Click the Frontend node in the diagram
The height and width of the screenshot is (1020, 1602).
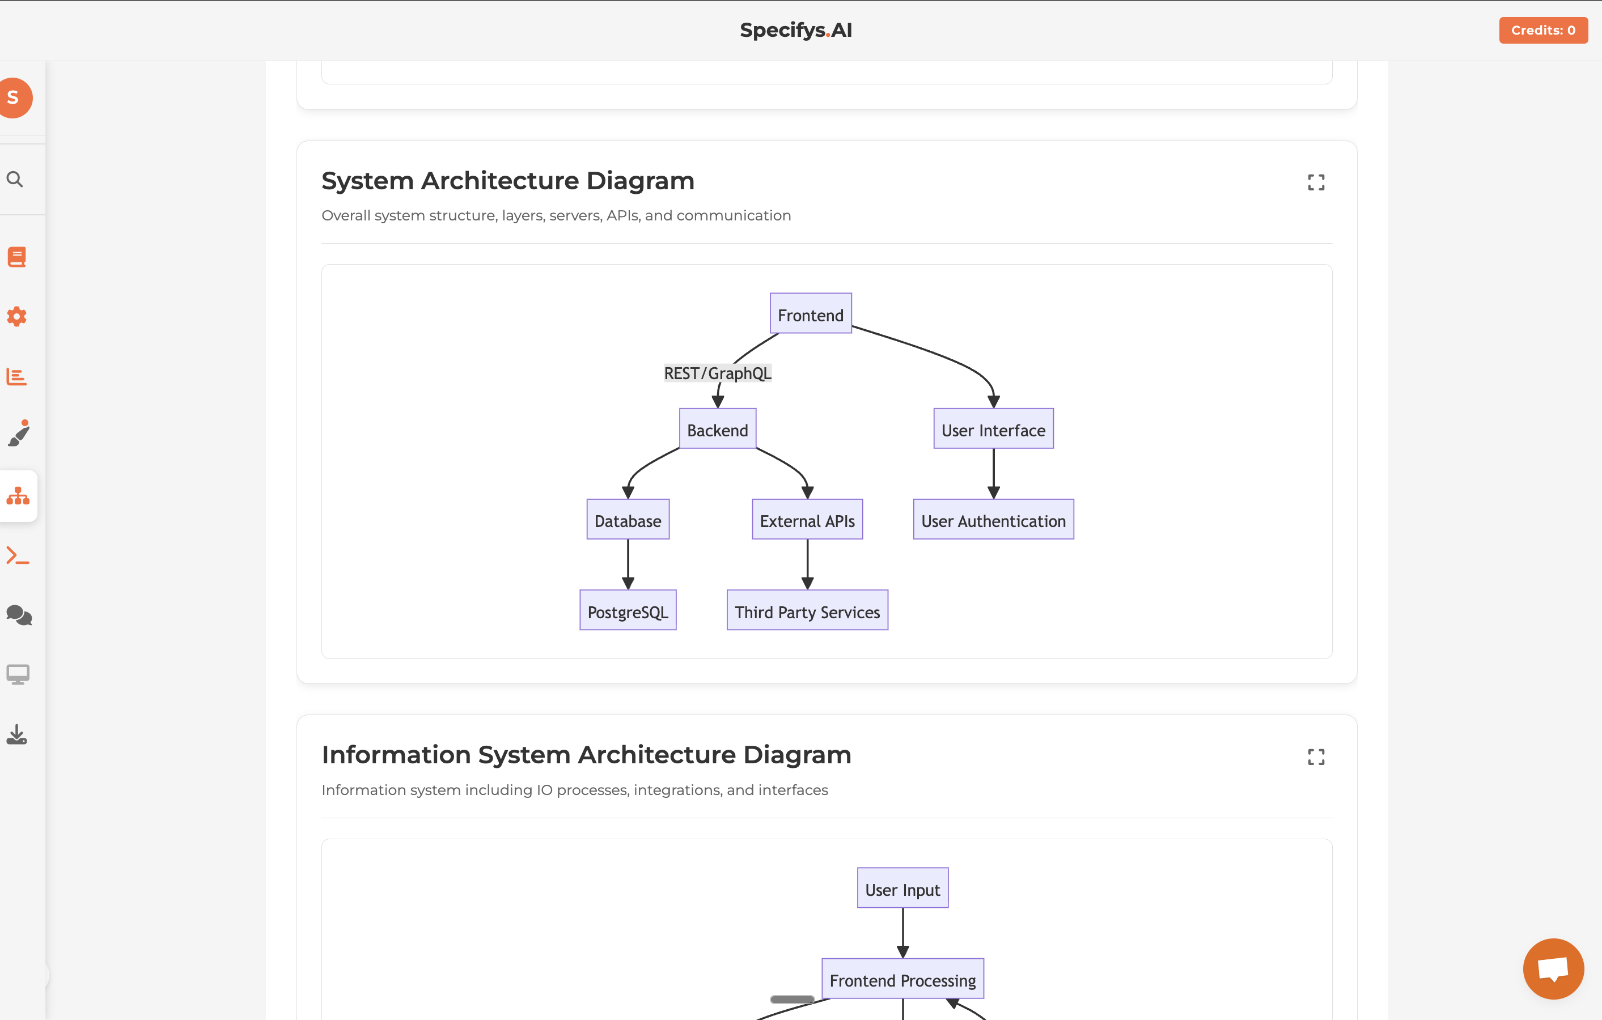810,314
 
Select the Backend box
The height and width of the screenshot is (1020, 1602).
717,429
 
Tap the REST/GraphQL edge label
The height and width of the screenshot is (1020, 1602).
717,373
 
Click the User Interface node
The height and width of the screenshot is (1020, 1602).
993,429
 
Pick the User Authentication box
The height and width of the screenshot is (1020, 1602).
993,520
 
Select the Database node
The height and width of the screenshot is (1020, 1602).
628,520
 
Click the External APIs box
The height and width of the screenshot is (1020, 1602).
807,520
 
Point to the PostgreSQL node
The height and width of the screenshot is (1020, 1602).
628,610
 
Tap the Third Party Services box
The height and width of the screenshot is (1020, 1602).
807,610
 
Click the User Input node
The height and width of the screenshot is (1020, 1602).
902,889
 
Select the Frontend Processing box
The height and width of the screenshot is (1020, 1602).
902,979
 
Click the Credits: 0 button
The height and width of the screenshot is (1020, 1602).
1543,30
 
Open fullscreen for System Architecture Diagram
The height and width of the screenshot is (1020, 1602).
1315,182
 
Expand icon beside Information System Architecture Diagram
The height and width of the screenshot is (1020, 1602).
1315,756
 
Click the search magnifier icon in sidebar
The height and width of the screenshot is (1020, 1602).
15,179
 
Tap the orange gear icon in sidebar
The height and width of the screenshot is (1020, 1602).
16,317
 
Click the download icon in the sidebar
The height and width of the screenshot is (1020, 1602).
16,734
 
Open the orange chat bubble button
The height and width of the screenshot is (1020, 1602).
1553,968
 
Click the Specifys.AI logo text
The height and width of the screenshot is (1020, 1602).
796,30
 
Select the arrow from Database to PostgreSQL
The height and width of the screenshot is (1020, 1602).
628,564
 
